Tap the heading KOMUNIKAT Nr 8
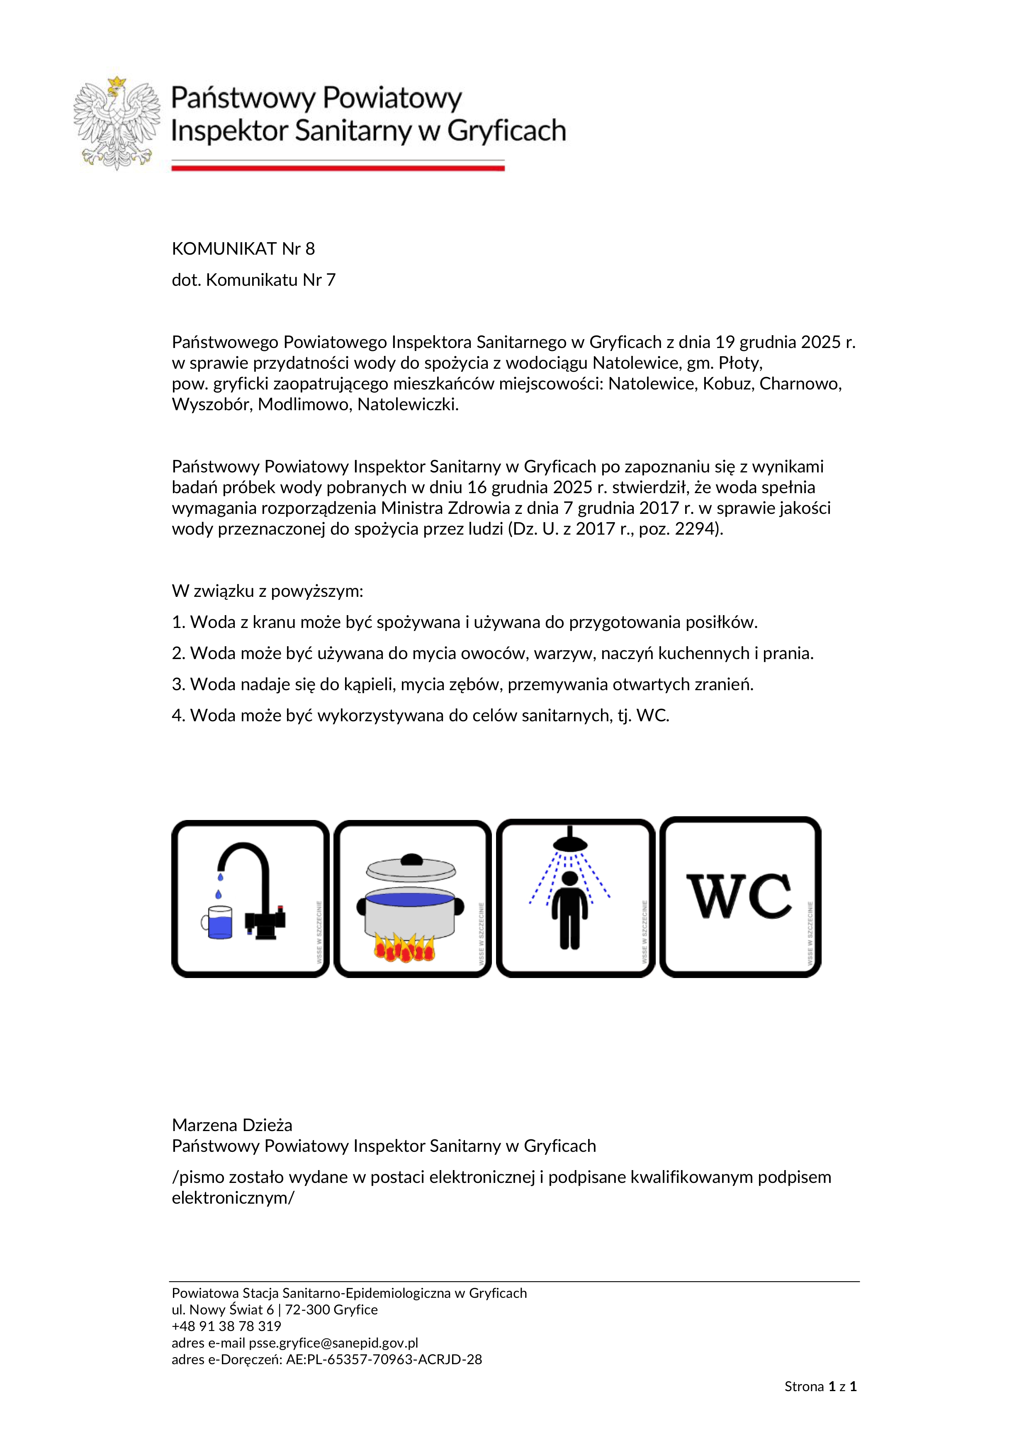coord(243,248)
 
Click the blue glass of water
coord(219,923)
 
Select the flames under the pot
coord(405,948)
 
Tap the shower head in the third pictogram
coord(570,843)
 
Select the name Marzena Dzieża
coord(232,1125)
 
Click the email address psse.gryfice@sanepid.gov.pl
coord(333,1343)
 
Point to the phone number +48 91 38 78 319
coord(226,1326)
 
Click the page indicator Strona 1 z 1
coord(820,1387)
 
